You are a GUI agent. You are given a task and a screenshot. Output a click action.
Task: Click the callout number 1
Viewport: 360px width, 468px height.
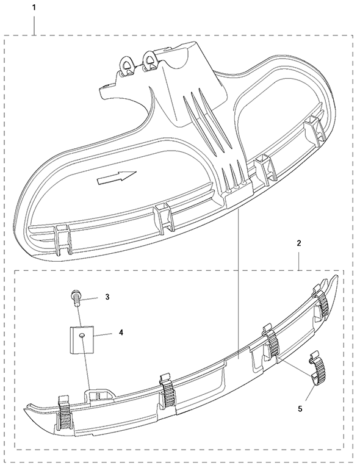(x=34, y=8)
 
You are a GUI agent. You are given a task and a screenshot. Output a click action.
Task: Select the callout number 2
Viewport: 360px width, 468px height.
(x=299, y=243)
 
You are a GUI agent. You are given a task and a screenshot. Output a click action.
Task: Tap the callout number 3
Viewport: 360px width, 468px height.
(x=107, y=297)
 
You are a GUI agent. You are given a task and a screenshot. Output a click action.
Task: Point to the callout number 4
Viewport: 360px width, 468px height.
(x=121, y=333)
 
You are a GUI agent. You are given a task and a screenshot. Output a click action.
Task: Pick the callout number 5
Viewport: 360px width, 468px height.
(x=300, y=409)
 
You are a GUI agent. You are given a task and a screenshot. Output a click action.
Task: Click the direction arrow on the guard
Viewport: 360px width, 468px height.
(x=117, y=177)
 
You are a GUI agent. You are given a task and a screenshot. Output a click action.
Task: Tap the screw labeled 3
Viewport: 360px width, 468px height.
(x=75, y=297)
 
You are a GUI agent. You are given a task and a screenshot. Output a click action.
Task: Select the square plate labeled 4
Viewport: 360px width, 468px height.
(x=82, y=340)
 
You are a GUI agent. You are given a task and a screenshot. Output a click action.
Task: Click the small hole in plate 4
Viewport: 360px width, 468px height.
(x=82, y=336)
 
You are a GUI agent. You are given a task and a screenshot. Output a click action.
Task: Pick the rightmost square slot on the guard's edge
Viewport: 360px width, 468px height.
(x=312, y=124)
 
